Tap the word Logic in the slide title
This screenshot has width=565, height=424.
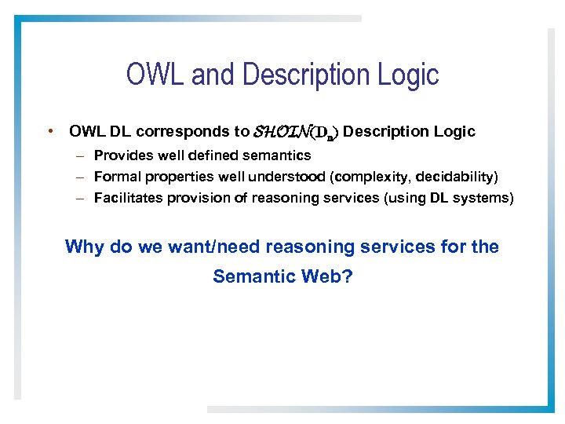tap(407, 75)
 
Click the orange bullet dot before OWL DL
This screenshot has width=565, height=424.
tap(49, 131)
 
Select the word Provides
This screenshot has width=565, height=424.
tap(121, 155)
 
